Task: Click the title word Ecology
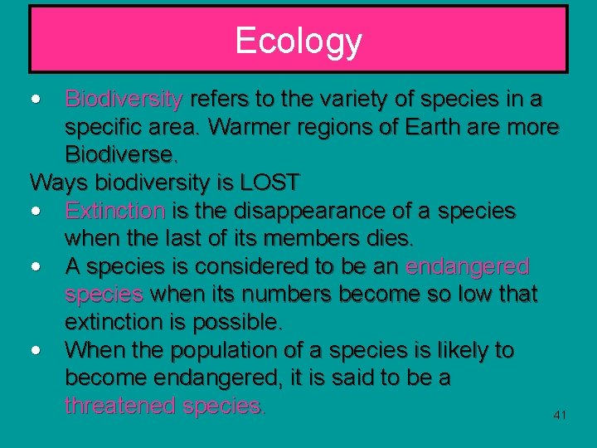298,40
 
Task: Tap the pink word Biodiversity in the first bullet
124,100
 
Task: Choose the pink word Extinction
115,211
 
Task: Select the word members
311,239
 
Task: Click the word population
231,350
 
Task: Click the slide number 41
560,414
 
